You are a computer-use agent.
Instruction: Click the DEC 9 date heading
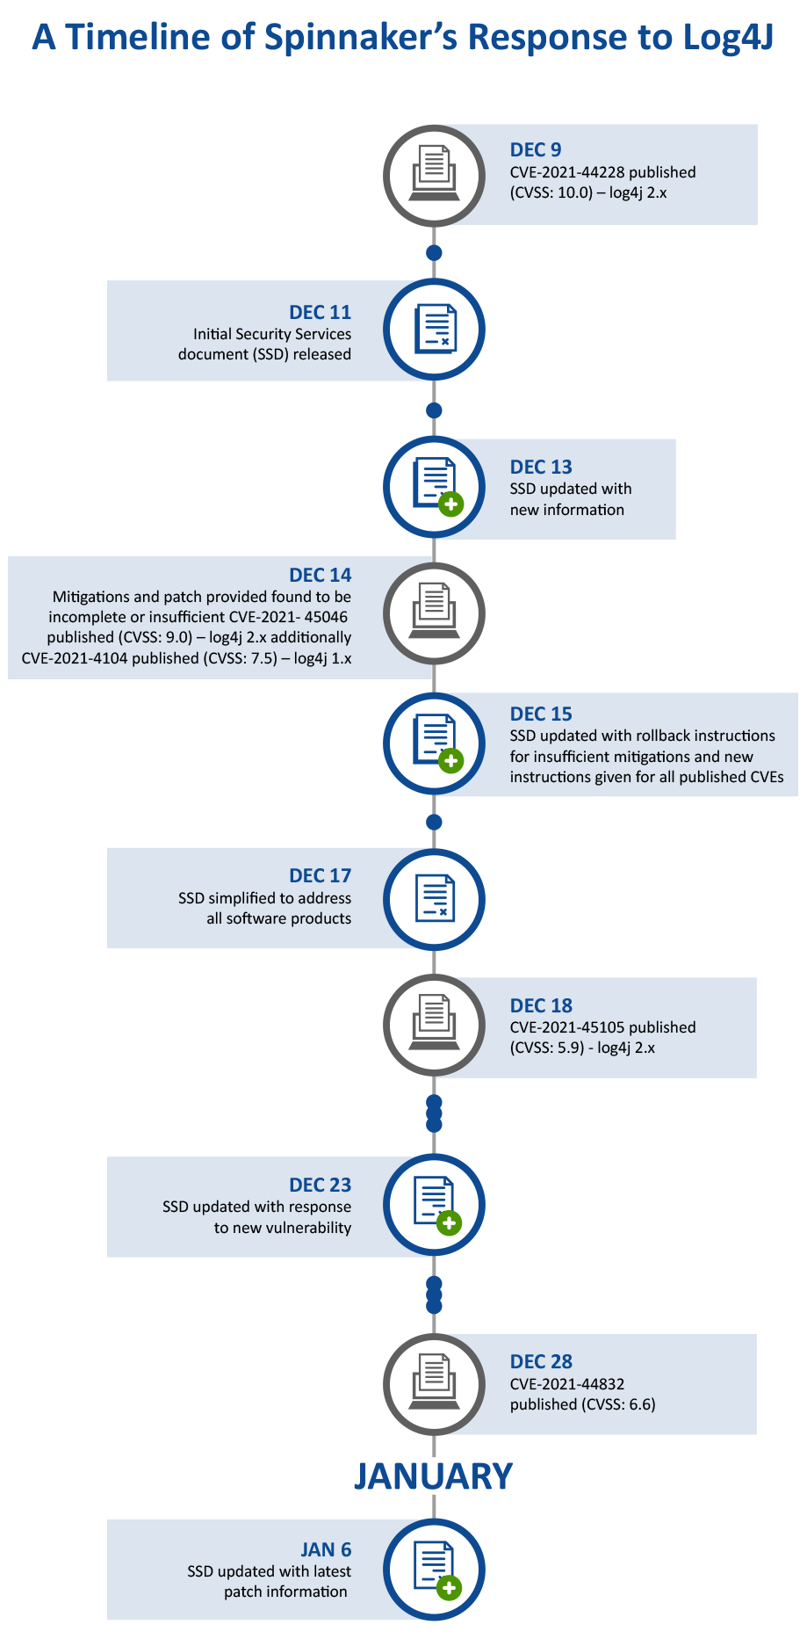tap(536, 150)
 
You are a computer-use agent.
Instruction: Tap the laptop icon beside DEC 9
tap(434, 173)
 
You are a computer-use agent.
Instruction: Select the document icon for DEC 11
tap(435, 329)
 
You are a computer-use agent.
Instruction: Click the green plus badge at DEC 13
tap(450, 504)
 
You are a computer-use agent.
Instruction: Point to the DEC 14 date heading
tap(321, 575)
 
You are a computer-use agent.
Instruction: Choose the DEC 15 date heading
tap(541, 714)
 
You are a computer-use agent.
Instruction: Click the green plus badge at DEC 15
tap(450, 760)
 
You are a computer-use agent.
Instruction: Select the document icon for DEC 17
tap(435, 898)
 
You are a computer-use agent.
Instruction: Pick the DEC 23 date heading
tap(321, 1185)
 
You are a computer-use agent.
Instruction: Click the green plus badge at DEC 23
tap(449, 1222)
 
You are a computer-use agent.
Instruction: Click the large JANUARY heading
tap(434, 1476)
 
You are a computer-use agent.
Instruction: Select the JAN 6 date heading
tap(326, 1549)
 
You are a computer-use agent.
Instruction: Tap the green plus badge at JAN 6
tap(449, 1587)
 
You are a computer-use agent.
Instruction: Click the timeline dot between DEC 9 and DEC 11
tap(434, 253)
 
